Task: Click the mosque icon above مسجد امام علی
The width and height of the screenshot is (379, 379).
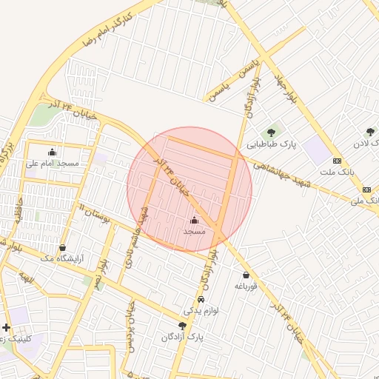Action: point(51,153)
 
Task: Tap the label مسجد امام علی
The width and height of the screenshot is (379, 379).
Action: point(52,163)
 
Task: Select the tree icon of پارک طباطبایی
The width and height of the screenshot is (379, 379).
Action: point(272,133)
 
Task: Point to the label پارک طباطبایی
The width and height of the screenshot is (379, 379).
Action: point(272,145)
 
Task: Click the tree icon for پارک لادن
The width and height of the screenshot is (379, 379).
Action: point(370,132)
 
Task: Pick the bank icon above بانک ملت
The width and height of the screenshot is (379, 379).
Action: point(337,161)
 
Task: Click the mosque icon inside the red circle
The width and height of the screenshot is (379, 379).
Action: point(195,220)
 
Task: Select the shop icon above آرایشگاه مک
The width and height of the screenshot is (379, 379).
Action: point(61,247)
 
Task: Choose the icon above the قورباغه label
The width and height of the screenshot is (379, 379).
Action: point(245,275)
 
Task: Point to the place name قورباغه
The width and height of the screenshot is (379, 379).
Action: point(245,286)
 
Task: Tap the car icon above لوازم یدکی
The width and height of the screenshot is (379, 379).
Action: point(201,300)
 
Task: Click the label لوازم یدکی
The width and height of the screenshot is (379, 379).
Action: point(201,310)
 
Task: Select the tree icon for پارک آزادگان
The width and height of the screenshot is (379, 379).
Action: point(182,326)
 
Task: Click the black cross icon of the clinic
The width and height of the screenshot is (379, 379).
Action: point(6,326)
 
